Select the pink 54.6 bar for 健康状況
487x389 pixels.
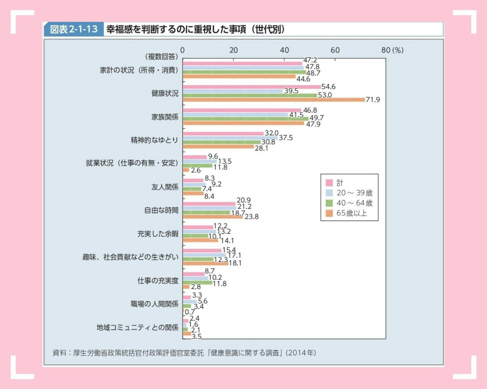[x=251, y=87]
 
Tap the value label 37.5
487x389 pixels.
[x=286, y=138]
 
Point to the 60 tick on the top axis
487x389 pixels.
[x=335, y=50]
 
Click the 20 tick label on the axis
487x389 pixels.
[x=233, y=50]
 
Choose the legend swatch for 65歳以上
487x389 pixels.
[x=329, y=213]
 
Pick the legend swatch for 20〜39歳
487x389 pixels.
[x=329, y=193]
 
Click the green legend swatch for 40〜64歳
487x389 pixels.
[x=329, y=203]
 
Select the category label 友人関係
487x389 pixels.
[x=165, y=187]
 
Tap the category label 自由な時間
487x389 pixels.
[x=161, y=210]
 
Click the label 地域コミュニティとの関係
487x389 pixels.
[x=137, y=327]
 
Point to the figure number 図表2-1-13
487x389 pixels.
[x=74, y=29]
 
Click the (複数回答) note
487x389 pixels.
[x=161, y=57]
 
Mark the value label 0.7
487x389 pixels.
[x=190, y=312]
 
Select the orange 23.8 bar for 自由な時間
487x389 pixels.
[x=212, y=217]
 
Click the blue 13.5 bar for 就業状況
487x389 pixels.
[x=199, y=161]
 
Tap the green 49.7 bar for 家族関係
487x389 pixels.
[x=245, y=119]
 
